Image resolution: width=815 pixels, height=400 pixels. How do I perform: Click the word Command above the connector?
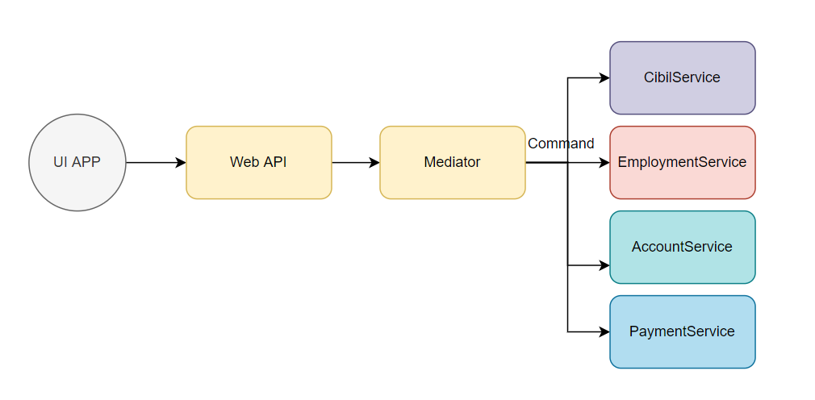(x=561, y=144)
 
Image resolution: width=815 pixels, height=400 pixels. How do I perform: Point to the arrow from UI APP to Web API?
(x=153, y=162)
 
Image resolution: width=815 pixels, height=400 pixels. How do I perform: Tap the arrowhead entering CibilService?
(x=604, y=78)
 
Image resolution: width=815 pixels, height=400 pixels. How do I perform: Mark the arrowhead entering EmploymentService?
(x=604, y=162)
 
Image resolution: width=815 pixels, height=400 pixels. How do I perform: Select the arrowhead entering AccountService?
(x=604, y=265)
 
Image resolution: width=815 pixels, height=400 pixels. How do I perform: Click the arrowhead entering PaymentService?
(x=604, y=331)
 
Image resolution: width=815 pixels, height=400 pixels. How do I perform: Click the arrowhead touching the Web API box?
(x=181, y=162)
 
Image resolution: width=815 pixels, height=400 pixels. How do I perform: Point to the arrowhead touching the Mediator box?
(x=374, y=162)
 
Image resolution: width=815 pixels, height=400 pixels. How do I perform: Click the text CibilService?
(x=682, y=77)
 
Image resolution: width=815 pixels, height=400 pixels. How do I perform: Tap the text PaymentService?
(x=682, y=331)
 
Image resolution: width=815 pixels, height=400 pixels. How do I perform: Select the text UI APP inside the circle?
(x=77, y=162)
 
